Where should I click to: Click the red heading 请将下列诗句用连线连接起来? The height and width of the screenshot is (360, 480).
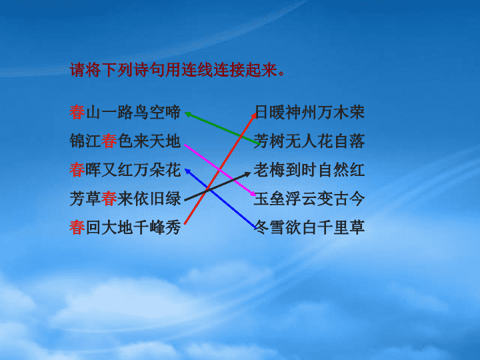point(177,70)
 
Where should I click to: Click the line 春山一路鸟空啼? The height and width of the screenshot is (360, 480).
point(125,113)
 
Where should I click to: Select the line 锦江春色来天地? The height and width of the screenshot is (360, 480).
point(125,141)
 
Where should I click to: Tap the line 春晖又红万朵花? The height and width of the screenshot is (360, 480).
point(125,170)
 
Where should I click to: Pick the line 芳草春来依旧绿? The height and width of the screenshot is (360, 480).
point(125,199)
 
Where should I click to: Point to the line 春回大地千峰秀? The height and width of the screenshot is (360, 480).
point(125,227)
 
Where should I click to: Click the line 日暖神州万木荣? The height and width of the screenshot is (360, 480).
point(309,113)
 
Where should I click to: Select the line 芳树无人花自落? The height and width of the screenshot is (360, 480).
point(309,141)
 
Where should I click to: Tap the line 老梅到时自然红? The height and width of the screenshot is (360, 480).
point(309,170)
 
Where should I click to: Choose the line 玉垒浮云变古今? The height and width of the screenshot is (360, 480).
point(309,199)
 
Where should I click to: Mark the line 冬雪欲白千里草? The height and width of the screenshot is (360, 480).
point(309,227)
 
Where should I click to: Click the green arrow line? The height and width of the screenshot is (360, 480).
point(222,128)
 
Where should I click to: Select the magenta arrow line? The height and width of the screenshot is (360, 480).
point(220,169)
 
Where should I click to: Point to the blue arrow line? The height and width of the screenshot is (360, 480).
point(221,199)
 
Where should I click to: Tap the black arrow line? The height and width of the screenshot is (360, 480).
point(217,187)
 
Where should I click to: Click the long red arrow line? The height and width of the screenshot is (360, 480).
point(220,169)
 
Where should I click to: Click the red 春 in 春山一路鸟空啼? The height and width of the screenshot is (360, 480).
point(77,113)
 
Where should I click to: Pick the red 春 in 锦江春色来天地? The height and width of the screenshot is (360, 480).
point(109,141)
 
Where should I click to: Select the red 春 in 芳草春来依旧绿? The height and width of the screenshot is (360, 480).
point(109,199)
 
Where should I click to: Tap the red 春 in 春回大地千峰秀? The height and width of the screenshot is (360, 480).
point(77,227)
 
